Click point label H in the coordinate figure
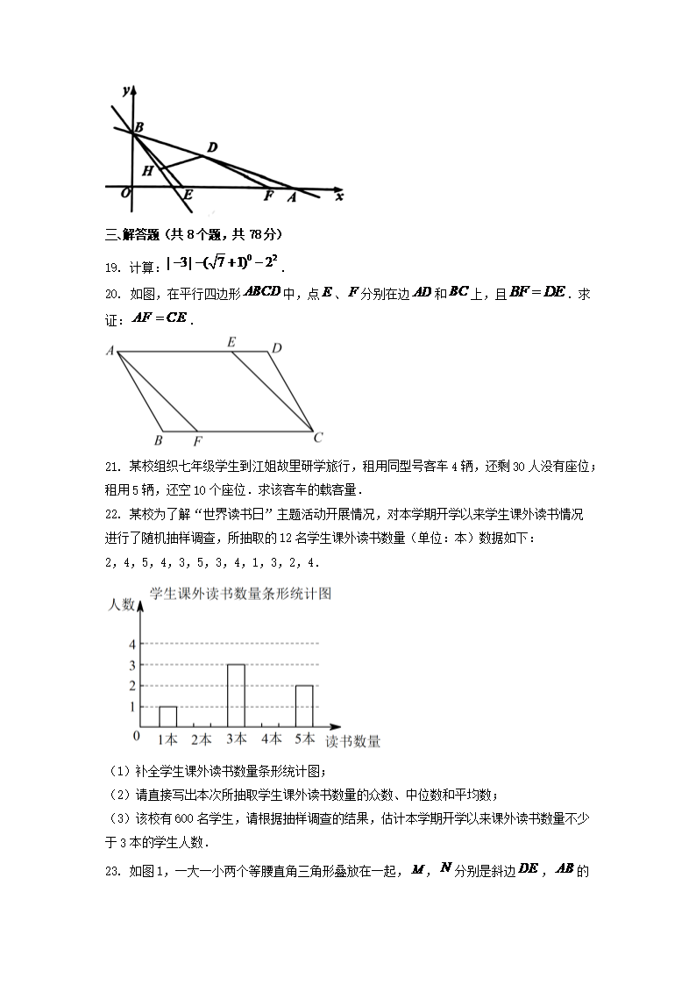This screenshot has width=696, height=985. (147, 171)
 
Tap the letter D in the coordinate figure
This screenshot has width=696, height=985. (211, 146)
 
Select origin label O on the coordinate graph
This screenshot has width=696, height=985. (126, 193)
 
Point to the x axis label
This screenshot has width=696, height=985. (339, 196)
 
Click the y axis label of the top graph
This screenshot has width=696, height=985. (127, 91)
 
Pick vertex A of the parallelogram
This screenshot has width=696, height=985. (111, 351)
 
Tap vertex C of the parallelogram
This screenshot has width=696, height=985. (319, 437)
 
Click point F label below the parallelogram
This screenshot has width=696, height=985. (197, 440)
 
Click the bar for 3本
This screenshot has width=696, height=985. (236, 696)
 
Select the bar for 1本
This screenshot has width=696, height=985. (167, 716)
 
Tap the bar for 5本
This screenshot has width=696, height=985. (304, 706)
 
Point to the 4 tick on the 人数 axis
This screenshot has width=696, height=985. (132, 644)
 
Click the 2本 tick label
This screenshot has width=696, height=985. (202, 739)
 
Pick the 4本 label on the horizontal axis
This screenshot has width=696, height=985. (270, 739)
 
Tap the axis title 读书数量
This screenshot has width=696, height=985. (353, 742)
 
